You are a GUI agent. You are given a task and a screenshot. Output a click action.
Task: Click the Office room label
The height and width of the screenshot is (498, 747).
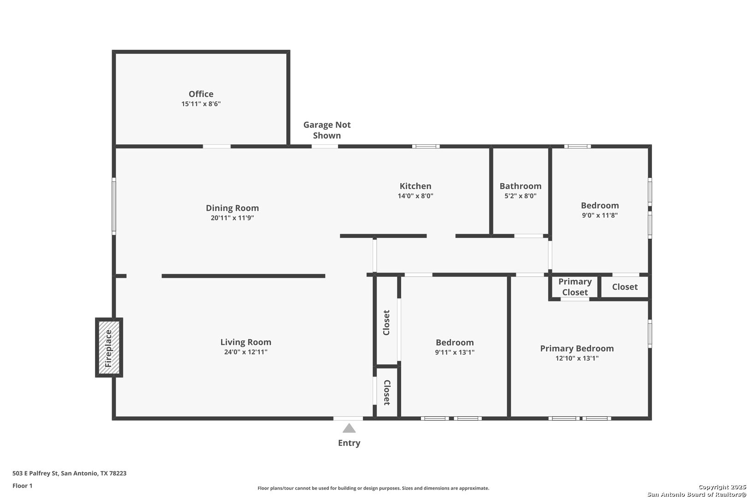pyautogui.click(x=201, y=94)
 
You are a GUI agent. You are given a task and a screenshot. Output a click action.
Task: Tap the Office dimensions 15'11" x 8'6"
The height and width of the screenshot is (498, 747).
pyautogui.click(x=201, y=104)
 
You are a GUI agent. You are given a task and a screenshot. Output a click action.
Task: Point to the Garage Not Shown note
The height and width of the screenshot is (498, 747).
pyautogui.click(x=327, y=130)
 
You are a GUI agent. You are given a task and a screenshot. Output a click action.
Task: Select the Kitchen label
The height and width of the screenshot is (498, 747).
pyautogui.click(x=415, y=186)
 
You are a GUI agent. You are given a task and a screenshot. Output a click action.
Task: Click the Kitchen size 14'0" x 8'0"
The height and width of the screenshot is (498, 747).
pyautogui.click(x=415, y=196)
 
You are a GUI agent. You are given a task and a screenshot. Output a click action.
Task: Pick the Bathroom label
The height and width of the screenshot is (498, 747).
pyautogui.click(x=520, y=186)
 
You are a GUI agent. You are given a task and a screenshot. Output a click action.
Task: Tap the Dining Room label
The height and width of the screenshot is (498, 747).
pyautogui.click(x=232, y=208)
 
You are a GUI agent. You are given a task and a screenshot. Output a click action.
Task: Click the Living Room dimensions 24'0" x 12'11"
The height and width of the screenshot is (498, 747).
pyautogui.click(x=245, y=352)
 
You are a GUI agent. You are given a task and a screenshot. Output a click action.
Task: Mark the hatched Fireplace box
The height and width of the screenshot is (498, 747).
pyautogui.click(x=109, y=348)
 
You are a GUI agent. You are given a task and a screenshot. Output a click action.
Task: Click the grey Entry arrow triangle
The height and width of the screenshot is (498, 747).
pyautogui.click(x=349, y=429)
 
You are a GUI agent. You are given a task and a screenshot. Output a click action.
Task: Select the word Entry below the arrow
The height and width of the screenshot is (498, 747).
pyautogui.click(x=349, y=443)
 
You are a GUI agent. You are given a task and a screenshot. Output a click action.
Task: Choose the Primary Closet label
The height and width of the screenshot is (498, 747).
pyautogui.click(x=575, y=287)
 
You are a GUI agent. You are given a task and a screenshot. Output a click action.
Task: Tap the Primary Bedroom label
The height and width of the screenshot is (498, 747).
pyautogui.click(x=577, y=348)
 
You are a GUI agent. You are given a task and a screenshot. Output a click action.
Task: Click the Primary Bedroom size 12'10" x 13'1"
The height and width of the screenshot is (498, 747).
pyautogui.click(x=577, y=358)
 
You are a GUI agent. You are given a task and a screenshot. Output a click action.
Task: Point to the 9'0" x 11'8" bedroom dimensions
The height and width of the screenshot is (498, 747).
pyautogui.click(x=599, y=215)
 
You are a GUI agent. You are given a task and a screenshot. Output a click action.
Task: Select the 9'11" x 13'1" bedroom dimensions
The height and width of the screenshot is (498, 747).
pyautogui.click(x=455, y=352)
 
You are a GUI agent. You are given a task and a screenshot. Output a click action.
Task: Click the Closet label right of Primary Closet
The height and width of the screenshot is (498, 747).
pyautogui.click(x=625, y=287)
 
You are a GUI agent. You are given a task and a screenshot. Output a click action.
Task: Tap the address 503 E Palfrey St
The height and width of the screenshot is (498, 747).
pyautogui.click(x=36, y=473)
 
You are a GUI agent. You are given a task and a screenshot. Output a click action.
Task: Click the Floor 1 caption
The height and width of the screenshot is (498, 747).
pyautogui.click(x=22, y=486)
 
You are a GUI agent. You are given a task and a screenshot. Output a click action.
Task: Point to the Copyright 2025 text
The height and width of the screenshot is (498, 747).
pyautogui.click(x=722, y=487)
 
